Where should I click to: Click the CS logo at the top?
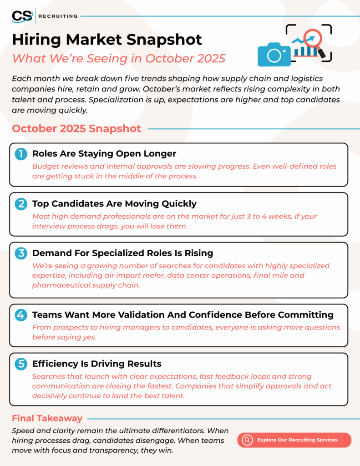tap(22, 16)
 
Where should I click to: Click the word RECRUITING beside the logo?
tap(58, 16)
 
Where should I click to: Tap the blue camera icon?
tap(274, 55)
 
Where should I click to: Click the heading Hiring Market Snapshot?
tap(107, 40)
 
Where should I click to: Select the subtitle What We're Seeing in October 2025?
tap(119, 59)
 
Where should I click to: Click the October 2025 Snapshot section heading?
tap(76, 128)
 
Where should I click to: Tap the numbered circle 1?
tap(21, 154)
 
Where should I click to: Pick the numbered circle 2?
tap(21, 204)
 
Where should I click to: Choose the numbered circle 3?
tap(21, 253)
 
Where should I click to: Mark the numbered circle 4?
tap(21, 315)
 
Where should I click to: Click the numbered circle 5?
tap(21, 364)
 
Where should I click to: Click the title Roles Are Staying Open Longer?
tap(104, 154)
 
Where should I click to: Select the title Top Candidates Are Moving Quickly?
tap(114, 203)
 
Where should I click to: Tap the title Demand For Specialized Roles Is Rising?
tap(122, 253)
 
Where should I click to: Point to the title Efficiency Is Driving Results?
tap(97, 364)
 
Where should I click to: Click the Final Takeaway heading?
tap(47, 418)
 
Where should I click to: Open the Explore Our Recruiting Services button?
tap(297, 440)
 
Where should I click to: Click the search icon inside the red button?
tap(248, 440)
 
